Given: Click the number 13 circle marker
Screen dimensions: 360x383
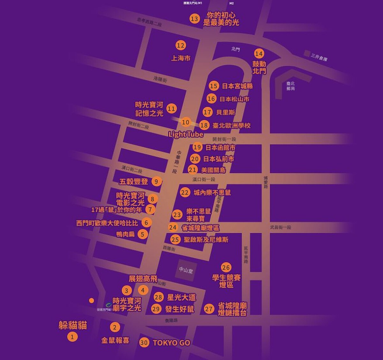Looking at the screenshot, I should [194, 18].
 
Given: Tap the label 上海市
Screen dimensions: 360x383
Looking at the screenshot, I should [181, 58].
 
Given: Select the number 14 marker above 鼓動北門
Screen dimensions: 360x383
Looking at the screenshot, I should [259, 54].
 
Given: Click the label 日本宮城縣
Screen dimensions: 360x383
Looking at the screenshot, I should [237, 86].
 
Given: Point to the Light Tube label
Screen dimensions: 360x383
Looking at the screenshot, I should [186, 134].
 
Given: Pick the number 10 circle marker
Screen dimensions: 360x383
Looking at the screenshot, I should [185, 122].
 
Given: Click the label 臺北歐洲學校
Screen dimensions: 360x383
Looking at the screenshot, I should [231, 125].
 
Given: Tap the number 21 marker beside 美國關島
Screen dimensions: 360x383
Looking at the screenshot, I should [192, 170].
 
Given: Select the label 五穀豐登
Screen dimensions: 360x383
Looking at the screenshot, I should [133, 182].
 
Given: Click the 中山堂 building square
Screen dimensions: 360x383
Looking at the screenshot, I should [186, 270].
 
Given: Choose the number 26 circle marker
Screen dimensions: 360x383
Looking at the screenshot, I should [226, 268].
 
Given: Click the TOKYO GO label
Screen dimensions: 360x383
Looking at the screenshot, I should [171, 343].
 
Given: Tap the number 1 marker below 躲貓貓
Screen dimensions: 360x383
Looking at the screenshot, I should [72, 336].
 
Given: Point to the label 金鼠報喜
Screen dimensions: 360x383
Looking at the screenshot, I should [115, 340].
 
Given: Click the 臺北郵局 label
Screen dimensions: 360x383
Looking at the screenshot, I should [290, 86].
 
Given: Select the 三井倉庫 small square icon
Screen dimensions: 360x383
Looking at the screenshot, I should [307, 53].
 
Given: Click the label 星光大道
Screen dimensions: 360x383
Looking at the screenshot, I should [181, 298].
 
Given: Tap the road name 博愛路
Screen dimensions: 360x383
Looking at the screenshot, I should [266, 182].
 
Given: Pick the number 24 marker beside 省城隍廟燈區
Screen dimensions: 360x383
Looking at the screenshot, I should [173, 227].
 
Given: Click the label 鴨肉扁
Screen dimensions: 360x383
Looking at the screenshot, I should [125, 234].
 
